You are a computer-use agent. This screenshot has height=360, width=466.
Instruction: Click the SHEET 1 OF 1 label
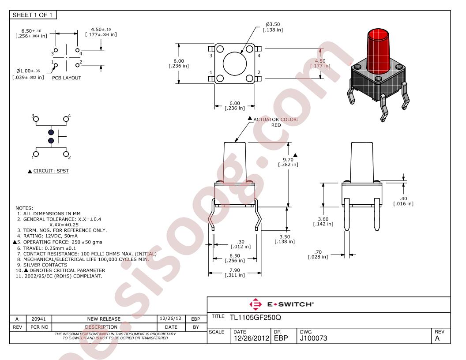coord(32,15)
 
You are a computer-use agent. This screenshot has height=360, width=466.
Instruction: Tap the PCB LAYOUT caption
coord(67,78)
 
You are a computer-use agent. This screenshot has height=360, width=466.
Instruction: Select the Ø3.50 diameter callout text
coord(273,24)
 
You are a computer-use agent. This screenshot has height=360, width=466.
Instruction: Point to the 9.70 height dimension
coord(288,160)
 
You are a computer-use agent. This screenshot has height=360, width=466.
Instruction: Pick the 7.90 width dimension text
coord(235,270)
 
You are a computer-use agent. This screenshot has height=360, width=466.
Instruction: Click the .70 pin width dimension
coord(318,252)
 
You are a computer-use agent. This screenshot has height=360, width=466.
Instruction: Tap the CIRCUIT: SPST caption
coord(51,171)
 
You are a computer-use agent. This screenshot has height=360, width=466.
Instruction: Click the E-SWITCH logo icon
coord(256,304)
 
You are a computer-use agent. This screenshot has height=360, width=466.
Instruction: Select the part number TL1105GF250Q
coord(255,317)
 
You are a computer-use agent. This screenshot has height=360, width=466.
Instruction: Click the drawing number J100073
coord(314,338)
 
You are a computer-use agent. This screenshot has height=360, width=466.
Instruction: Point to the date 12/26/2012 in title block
coord(252,338)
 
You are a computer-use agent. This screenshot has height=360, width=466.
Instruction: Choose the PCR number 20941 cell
coord(39,319)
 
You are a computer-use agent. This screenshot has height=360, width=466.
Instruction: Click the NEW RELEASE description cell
coord(104,319)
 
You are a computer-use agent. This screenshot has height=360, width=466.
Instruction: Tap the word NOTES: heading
coord(24,208)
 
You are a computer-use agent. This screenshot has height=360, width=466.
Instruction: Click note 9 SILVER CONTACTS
coord(45,265)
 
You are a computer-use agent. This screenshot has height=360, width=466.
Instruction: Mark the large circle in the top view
coord(235,64)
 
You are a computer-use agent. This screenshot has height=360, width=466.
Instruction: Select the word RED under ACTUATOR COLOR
coord(276,125)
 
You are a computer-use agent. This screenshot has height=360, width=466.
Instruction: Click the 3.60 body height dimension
coord(323,219)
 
